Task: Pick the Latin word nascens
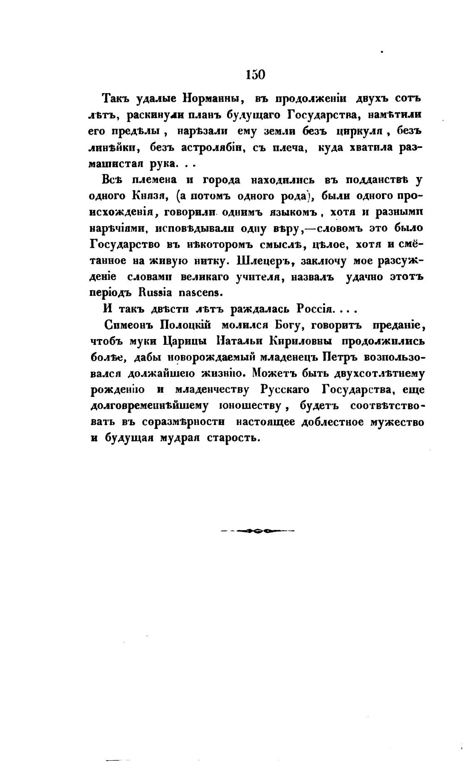tap(201, 292)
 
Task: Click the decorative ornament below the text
tap(256, 530)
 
